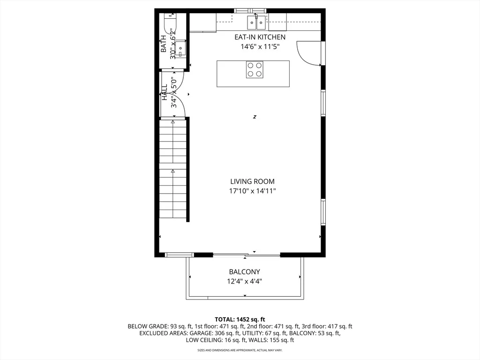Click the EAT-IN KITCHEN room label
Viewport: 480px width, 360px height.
point(260,37)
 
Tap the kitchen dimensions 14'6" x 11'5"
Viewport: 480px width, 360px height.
point(260,47)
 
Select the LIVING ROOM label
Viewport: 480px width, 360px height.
point(253,181)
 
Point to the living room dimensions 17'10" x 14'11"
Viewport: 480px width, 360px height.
point(253,191)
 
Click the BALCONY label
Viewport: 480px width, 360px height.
point(245,271)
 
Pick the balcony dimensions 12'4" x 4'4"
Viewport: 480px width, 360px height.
point(245,281)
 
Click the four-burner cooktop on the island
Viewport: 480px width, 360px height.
point(255,69)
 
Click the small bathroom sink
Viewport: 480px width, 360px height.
point(180,49)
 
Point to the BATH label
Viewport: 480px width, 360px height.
point(164,44)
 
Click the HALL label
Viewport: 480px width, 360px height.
point(165,92)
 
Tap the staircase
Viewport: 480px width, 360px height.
point(173,169)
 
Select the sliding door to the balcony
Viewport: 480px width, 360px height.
point(247,255)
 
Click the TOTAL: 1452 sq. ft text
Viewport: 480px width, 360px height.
point(240,320)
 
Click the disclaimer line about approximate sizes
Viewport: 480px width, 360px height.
point(240,350)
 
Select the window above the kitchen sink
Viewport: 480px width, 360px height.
point(250,11)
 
